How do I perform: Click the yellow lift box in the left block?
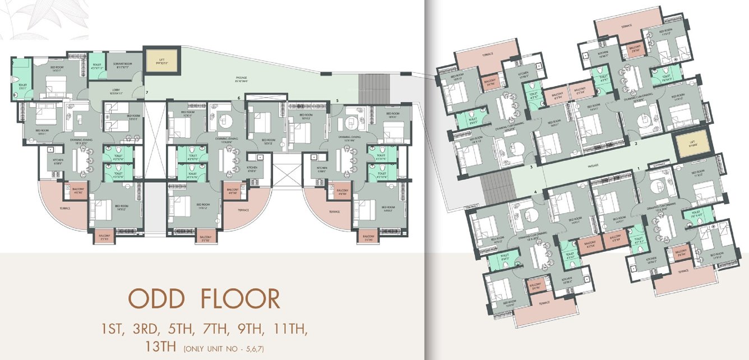161,58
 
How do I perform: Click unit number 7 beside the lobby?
147,91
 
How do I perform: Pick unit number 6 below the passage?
239,98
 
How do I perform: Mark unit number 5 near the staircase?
337,100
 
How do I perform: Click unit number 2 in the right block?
636,144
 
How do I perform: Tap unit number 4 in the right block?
537,192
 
